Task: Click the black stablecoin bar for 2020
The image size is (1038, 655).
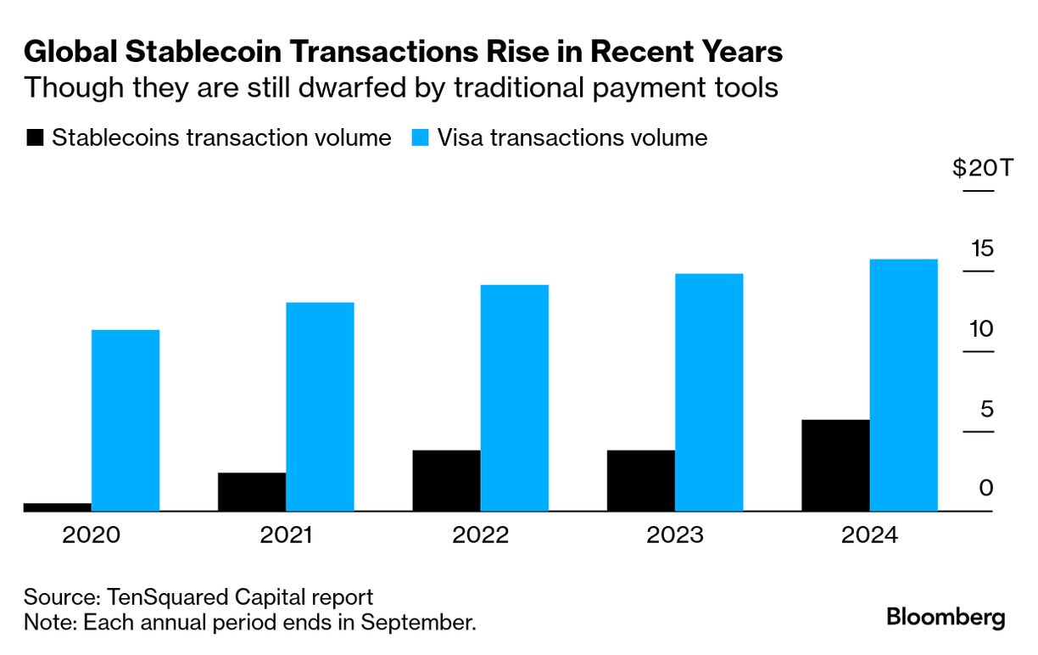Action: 57,507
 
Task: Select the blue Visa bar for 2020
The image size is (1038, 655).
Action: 126,420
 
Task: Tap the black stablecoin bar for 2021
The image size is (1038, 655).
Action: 252,492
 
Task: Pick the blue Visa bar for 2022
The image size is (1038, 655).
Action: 514,398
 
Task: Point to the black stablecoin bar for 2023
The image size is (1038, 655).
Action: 641,480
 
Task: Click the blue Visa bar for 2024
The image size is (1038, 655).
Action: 903,385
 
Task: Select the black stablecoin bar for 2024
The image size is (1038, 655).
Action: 835,465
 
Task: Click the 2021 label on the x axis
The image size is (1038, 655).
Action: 286,536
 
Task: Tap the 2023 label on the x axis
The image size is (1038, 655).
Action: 675,536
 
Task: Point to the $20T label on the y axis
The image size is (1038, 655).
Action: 982,168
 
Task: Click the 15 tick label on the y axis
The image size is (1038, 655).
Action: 982,249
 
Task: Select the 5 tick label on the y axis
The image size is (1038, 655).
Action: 986,409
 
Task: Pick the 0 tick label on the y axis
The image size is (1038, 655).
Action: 986,489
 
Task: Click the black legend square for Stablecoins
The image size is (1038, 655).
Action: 35,137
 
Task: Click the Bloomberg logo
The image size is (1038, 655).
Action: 946,617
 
